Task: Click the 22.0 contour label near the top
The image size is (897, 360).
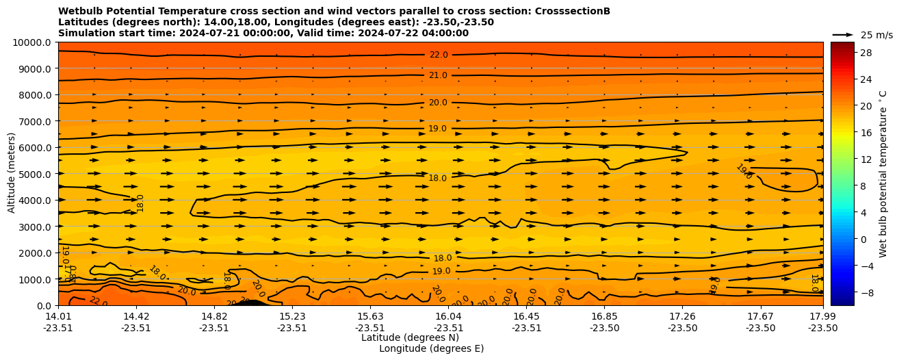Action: pyautogui.click(x=439, y=55)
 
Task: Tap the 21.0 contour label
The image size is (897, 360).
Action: pyautogui.click(x=438, y=75)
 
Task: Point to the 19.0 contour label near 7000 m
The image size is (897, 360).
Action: pyautogui.click(x=437, y=129)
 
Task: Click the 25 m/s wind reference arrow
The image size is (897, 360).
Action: pyautogui.click(x=842, y=34)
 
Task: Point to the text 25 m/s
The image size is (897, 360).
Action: pyautogui.click(x=876, y=35)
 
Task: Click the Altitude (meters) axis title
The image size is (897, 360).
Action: pyautogui.click(x=12, y=173)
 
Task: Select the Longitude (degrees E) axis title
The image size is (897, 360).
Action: pyautogui.click(x=431, y=348)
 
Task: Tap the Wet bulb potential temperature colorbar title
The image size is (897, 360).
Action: pyautogui.click(x=883, y=173)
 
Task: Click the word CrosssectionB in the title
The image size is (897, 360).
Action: pyautogui.click(x=572, y=11)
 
